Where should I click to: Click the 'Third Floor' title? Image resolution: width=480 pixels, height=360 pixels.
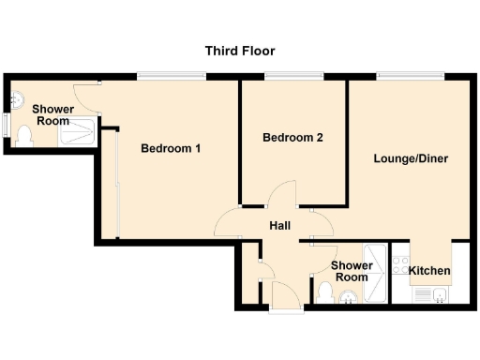click(240, 51)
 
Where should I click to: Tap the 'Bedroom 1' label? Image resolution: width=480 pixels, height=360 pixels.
click(171, 149)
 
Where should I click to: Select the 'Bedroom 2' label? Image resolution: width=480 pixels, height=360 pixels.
click(292, 138)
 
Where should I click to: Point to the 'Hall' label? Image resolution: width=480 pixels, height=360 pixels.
click(280, 226)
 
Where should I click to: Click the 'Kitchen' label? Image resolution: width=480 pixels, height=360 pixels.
click(430, 272)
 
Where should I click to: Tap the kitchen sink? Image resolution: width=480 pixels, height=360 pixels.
click(432, 294)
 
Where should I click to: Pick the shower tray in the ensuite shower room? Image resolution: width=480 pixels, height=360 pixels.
click(79, 134)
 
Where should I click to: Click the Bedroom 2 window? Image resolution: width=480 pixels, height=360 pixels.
click(292, 76)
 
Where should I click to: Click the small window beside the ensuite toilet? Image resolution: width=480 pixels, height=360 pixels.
click(6, 124)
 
